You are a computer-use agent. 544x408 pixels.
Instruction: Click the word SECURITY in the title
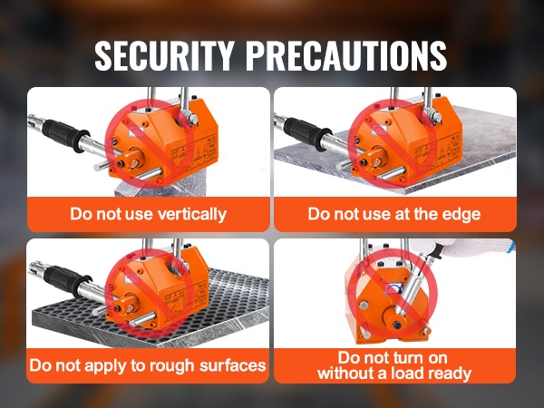[x=164, y=56]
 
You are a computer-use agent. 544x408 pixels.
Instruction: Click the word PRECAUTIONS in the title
[x=346, y=56]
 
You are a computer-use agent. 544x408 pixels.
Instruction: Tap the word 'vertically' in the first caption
[x=192, y=214]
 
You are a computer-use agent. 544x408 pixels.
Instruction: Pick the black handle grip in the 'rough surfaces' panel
[x=66, y=279]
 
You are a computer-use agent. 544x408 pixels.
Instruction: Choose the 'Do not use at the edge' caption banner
[x=394, y=214]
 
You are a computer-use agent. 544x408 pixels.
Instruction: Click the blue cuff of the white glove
[x=510, y=248]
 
